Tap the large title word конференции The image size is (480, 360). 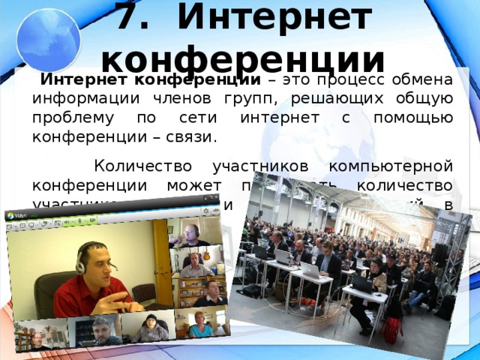(x=241, y=57)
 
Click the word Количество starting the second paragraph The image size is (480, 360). (x=149, y=166)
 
